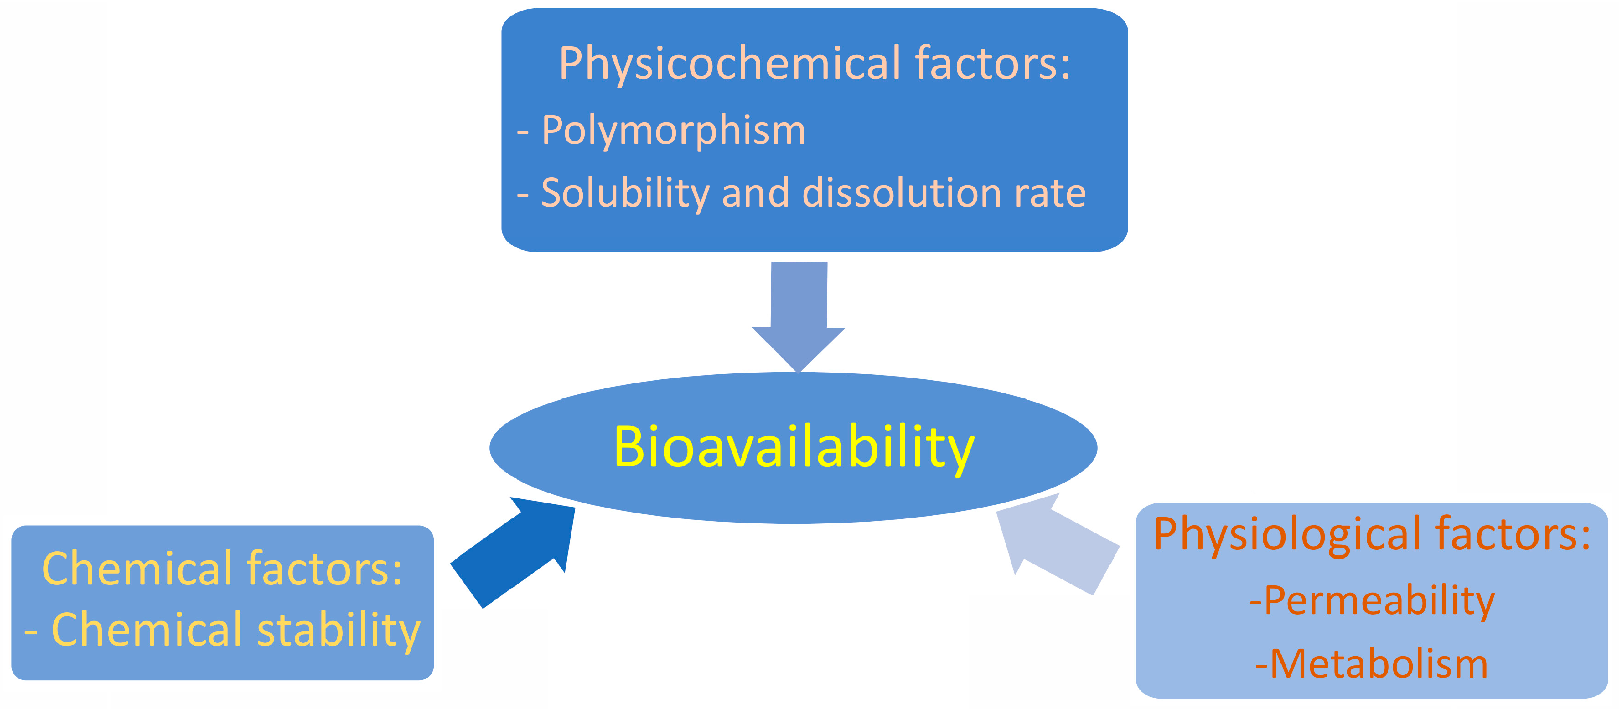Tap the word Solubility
[x=625, y=193]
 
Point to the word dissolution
[x=902, y=193]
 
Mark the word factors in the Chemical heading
[x=325, y=569]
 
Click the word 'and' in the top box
[x=755, y=193]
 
